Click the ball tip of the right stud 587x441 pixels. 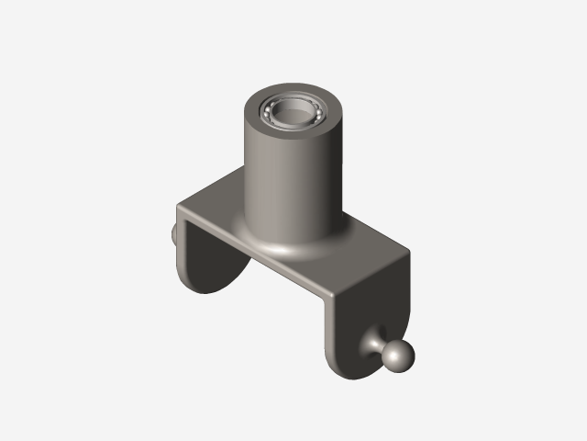(399, 357)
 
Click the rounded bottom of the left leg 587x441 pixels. (206, 288)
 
